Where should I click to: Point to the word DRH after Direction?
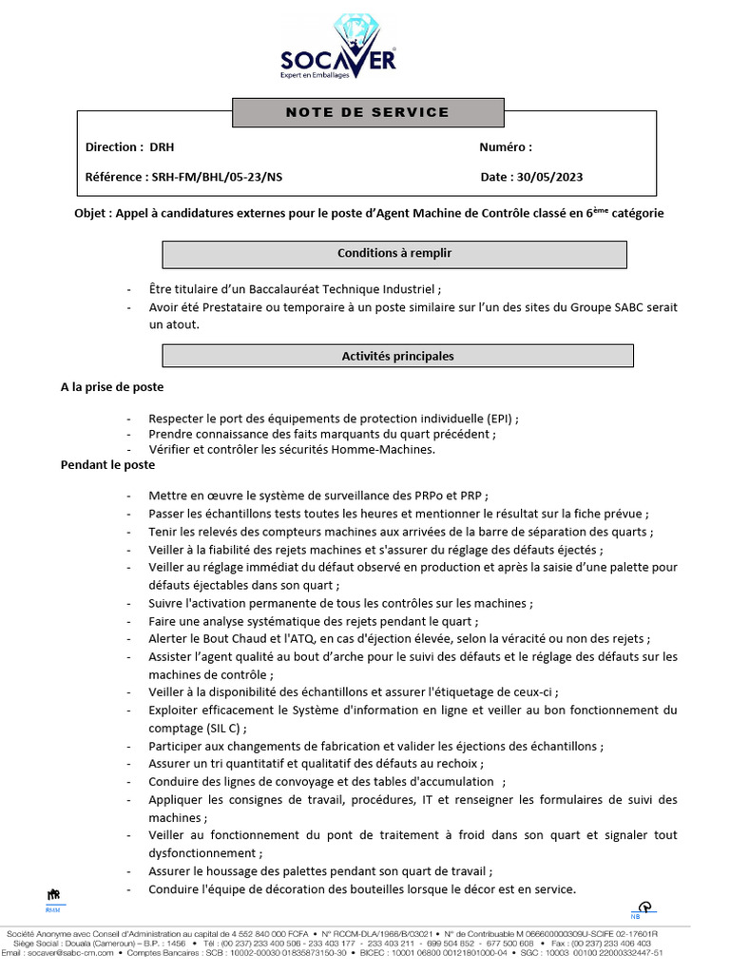(162, 147)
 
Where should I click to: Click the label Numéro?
(504, 147)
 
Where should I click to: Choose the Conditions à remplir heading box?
(394, 254)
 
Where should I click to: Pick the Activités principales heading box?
(397, 357)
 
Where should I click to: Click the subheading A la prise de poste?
(112, 387)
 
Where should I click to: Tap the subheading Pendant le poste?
(107, 465)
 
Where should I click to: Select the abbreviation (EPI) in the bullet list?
(499, 419)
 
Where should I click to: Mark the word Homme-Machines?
(391, 450)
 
